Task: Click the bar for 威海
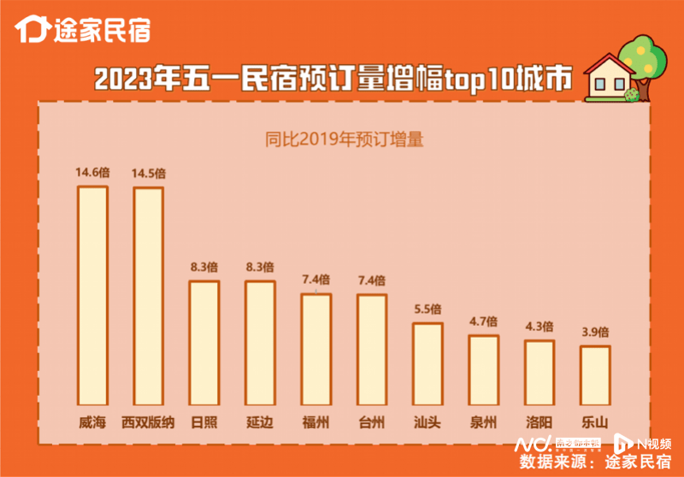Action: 92,295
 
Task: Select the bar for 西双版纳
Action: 148,295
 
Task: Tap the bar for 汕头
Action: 427,363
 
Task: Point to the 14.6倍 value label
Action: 92,173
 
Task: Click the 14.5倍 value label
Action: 148,174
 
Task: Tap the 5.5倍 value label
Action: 427,309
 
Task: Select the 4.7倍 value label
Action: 483,322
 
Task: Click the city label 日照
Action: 203,421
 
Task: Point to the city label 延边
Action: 260,421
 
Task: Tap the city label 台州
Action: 371,421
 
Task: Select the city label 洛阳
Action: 539,421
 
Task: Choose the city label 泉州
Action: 483,421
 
